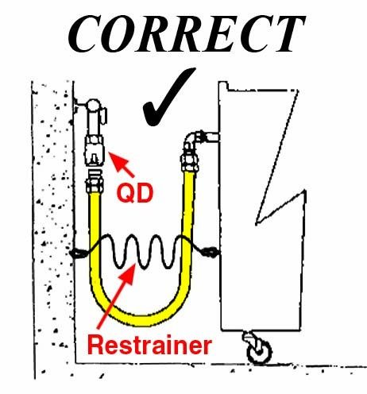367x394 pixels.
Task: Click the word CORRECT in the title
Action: pos(186,33)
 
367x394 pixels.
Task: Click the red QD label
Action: pos(135,193)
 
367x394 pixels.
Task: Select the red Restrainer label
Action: pos(149,345)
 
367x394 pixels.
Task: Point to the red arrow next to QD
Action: pos(122,164)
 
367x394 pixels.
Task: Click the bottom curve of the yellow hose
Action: pos(141,319)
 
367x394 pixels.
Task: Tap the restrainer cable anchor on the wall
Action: pos(77,253)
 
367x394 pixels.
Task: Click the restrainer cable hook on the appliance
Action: pos(210,252)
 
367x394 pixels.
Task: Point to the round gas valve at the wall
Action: pos(93,105)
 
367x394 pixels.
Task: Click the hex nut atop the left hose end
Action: pos(93,184)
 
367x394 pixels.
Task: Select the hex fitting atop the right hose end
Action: pos(190,161)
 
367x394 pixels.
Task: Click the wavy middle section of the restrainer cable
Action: pos(145,252)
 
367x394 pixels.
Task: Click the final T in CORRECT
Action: pos(289,33)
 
